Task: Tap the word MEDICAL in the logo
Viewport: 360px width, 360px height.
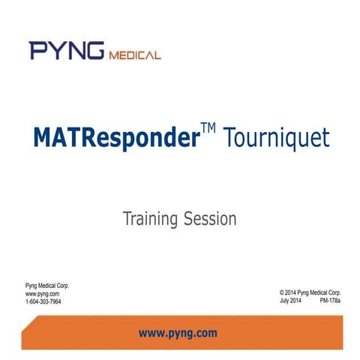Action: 135,54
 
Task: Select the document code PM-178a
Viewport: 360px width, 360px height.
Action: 330,300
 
